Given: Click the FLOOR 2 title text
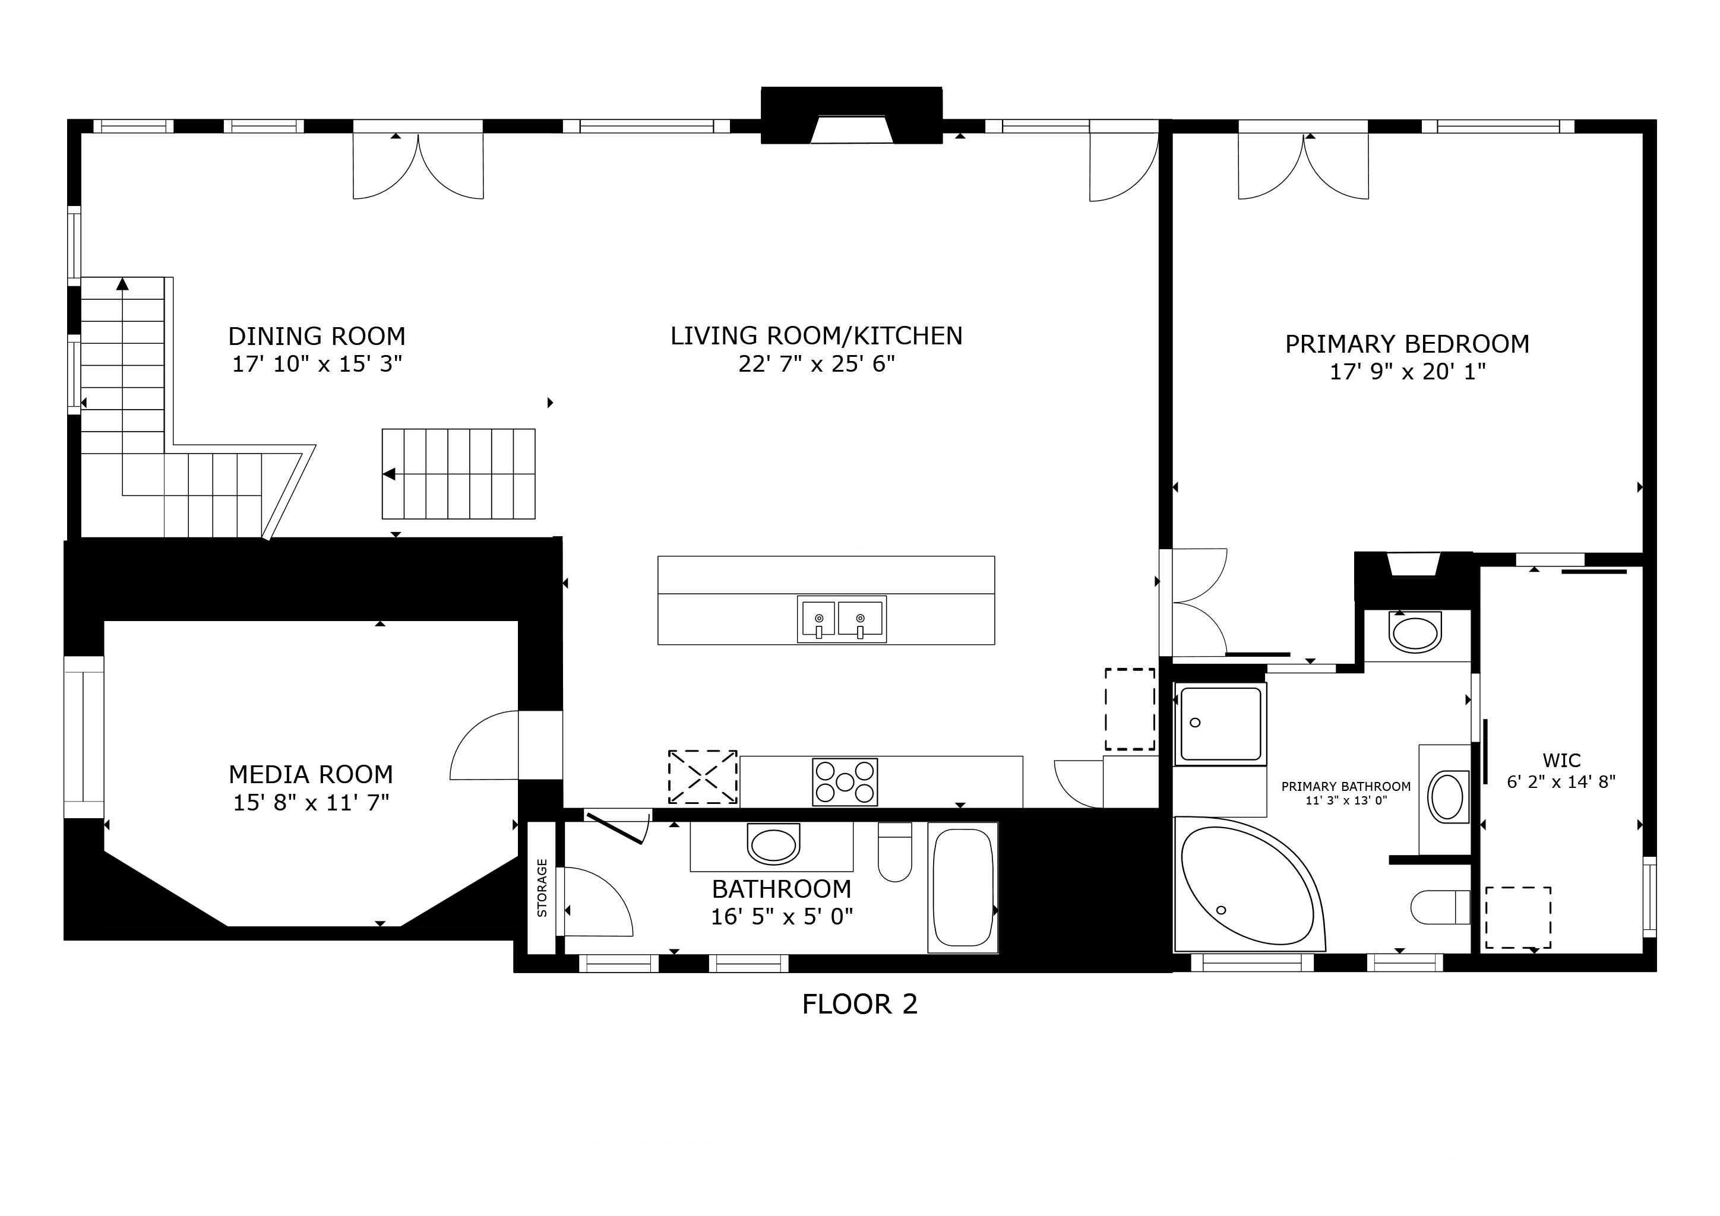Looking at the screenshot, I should click(x=859, y=1004).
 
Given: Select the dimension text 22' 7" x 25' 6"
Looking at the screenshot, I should click(x=817, y=364).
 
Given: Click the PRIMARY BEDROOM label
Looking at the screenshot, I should click(x=1407, y=344).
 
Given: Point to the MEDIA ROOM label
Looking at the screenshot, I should click(x=310, y=774).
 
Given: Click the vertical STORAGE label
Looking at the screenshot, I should click(x=542, y=888).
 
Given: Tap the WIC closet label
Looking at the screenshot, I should click(x=1561, y=761).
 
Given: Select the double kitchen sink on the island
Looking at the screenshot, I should click(x=840, y=619).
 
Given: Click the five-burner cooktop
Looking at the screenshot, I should click(x=845, y=782).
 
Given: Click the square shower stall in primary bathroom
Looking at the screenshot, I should click(x=1221, y=723).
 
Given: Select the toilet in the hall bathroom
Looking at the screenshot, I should click(x=894, y=852).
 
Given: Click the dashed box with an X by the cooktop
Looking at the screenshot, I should click(x=702, y=777).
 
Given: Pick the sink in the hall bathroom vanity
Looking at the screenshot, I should click(x=773, y=846).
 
